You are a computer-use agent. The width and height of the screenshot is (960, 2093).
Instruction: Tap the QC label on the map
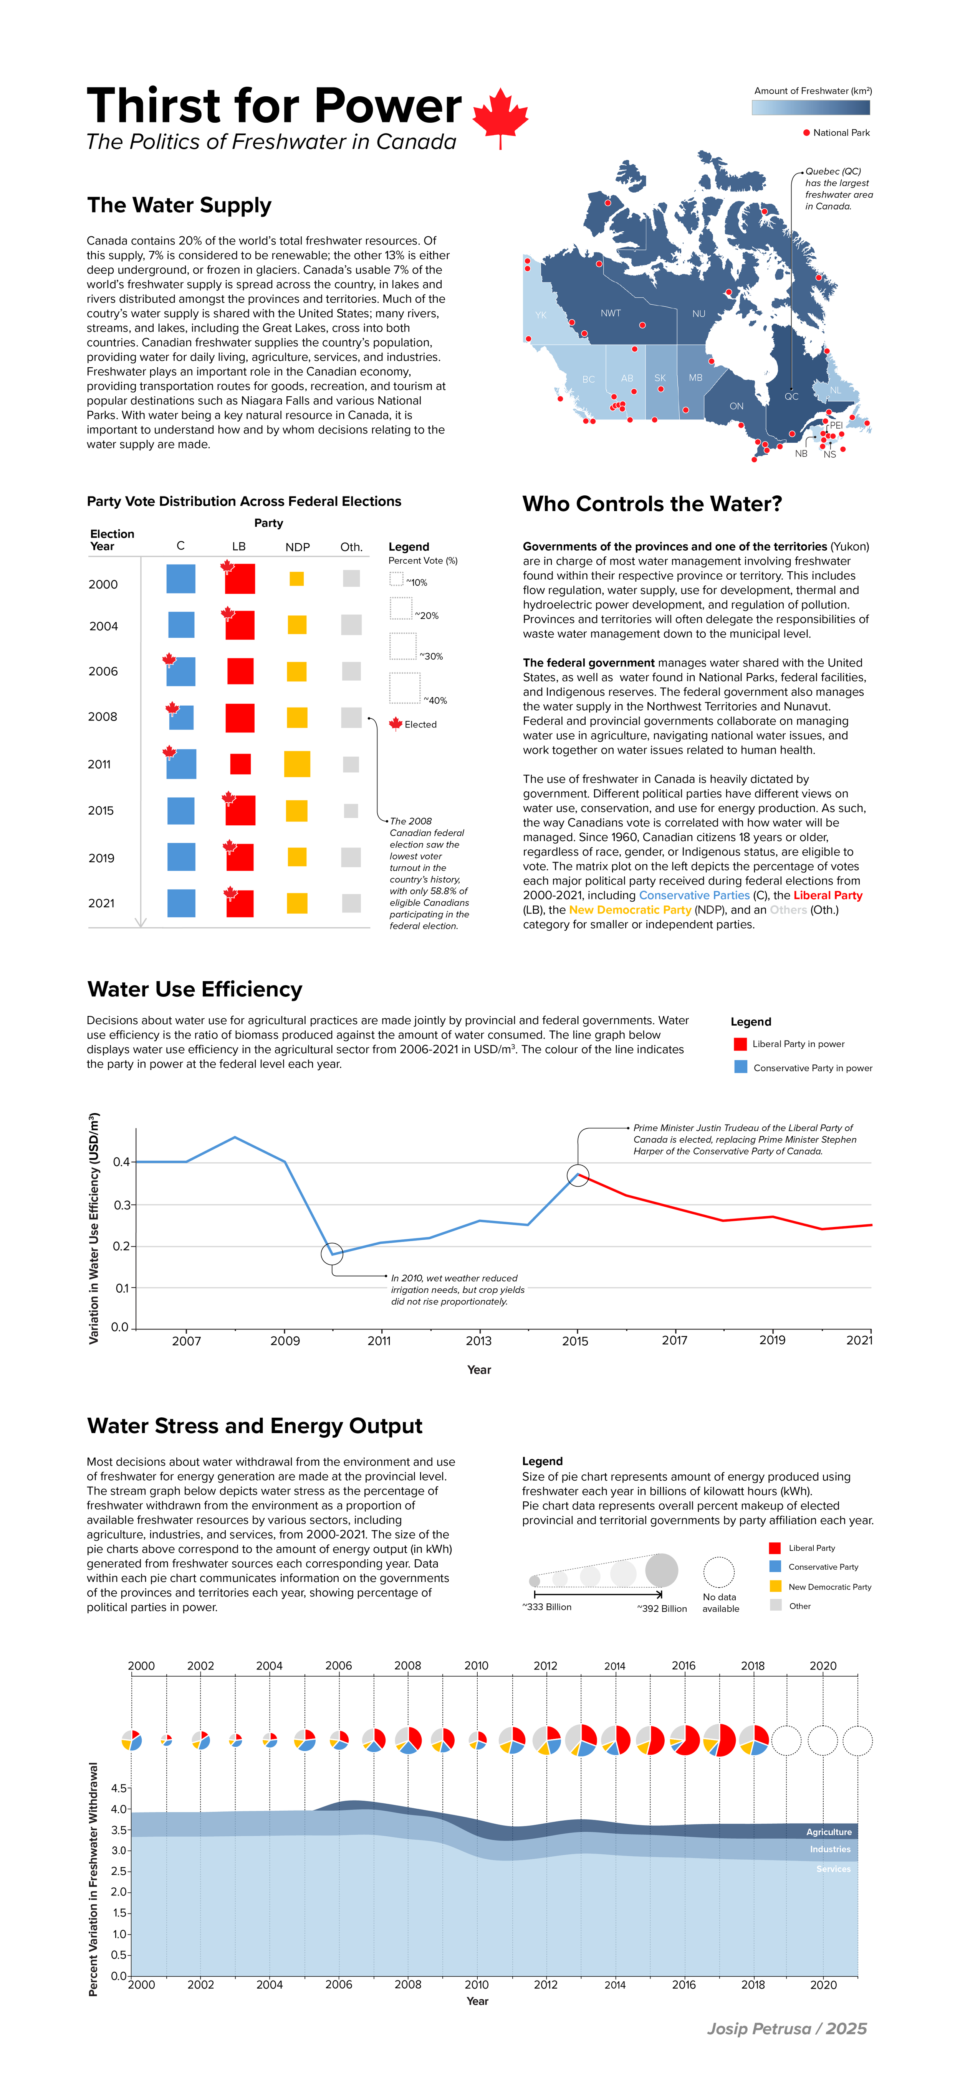point(791,396)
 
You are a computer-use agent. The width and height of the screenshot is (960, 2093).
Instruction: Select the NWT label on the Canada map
point(611,313)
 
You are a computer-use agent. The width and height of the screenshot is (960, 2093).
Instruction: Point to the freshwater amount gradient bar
point(810,107)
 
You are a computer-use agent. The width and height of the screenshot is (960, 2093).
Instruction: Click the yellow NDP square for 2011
point(297,764)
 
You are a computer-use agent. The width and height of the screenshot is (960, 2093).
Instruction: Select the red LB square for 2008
point(240,717)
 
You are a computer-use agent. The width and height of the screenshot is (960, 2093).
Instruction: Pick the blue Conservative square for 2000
point(180,579)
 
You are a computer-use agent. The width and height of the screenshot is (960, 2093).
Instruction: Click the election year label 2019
point(102,858)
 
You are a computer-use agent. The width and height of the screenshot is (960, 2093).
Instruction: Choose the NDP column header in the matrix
point(298,547)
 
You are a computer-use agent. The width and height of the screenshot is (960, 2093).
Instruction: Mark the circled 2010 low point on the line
point(332,1253)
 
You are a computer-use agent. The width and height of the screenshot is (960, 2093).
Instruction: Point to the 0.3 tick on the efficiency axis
point(122,1204)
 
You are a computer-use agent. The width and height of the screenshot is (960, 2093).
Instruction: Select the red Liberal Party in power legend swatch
point(740,1044)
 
